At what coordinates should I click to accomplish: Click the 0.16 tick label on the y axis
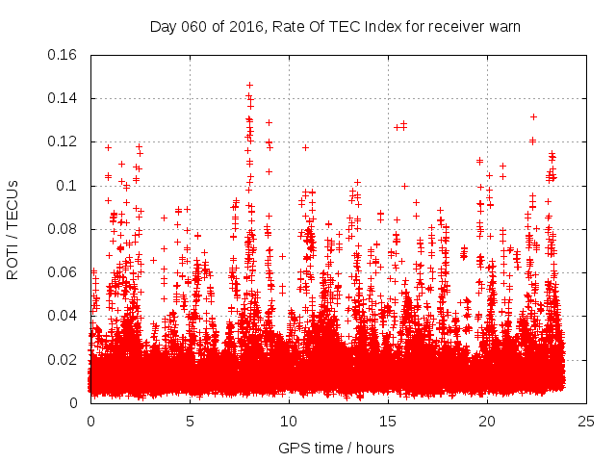pyautogui.click(x=64, y=54)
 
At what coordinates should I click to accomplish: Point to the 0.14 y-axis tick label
pyautogui.click(x=64, y=97)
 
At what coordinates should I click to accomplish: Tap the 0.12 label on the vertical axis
pyautogui.click(x=64, y=141)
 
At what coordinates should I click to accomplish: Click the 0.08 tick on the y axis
pyautogui.click(x=64, y=228)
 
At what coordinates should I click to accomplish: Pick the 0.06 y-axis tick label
pyautogui.click(x=64, y=271)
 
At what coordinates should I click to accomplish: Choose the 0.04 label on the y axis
pyautogui.click(x=64, y=316)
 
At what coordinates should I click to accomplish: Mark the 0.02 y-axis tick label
pyautogui.click(x=64, y=359)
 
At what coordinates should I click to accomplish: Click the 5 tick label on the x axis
pyautogui.click(x=190, y=422)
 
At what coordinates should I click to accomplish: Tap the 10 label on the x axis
pyautogui.click(x=289, y=422)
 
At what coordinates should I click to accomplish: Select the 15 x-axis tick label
pyautogui.click(x=388, y=422)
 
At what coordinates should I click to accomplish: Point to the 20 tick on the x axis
pyautogui.click(x=487, y=422)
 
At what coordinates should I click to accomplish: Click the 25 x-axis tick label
pyautogui.click(x=586, y=422)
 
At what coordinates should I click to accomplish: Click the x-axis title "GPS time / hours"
pyautogui.click(x=337, y=448)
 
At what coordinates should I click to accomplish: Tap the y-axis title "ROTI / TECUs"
pyautogui.click(x=13, y=228)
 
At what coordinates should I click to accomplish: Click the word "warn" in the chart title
pyautogui.click(x=503, y=26)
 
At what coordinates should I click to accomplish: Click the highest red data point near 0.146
pyautogui.click(x=249, y=85)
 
